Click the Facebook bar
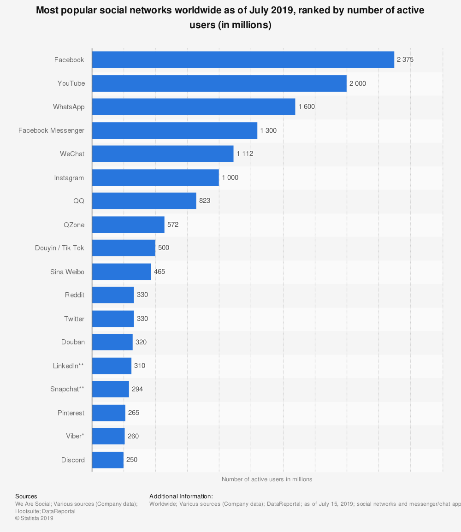(243, 59)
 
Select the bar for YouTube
(219, 83)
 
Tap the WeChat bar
(163, 154)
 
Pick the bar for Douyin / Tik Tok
(124, 248)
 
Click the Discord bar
(108, 460)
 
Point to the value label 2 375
(405, 59)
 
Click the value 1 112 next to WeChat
(245, 154)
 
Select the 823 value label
(205, 201)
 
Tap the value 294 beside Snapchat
(137, 389)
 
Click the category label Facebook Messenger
(51, 130)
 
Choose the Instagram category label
(69, 178)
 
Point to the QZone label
(74, 225)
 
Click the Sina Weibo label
(67, 272)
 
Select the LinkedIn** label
(68, 366)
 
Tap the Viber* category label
(75, 436)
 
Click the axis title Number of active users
(266, 479)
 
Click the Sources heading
(26, 497)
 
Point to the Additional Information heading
(181, 497)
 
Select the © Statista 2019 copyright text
(34, 518)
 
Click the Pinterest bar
(109, 413)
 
